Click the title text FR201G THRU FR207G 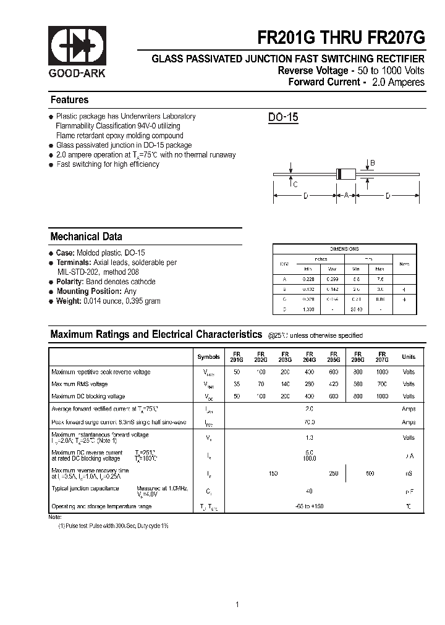coord(341,38)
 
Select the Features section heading coord(69,100)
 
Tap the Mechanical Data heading coord(86,237)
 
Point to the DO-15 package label coord(283,117)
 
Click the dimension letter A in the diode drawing coord(346,196)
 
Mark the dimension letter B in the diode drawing coord(372,164)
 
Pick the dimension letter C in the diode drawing coord(295,184)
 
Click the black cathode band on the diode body coord(339,174)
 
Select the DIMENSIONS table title coord(344,249)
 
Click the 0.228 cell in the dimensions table coord(307,279)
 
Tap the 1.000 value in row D coord(307,309)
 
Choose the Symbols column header coord(208,357)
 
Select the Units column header coord(409,357)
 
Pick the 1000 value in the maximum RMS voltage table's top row coord(382,372)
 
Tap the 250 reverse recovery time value coord(334,473)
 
